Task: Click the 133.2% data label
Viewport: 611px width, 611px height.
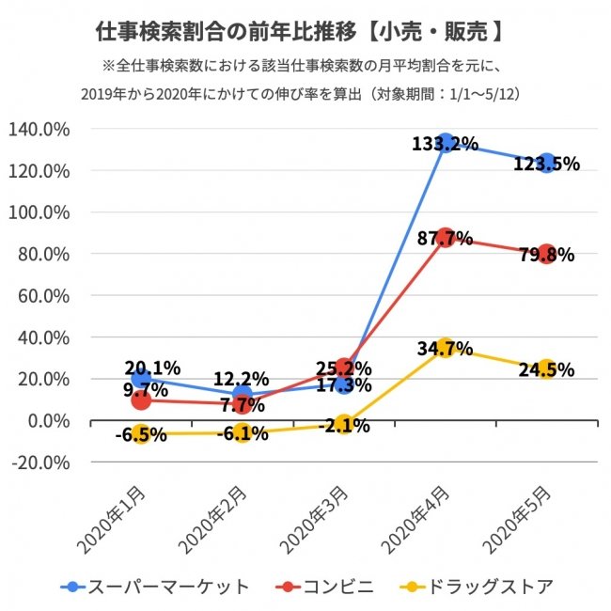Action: pos(445,144)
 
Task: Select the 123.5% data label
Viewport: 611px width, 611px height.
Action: pos(546,164)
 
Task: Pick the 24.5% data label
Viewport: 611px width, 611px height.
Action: pos(546,368)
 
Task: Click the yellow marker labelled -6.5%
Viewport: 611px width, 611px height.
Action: pos(141,433)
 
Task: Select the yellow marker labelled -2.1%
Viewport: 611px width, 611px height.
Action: pos(344,424)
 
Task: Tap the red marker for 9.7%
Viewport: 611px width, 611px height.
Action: pos(141,399)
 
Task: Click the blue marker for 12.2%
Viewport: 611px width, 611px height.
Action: pos(243,395)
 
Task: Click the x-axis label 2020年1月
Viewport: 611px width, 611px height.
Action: pos(109,516)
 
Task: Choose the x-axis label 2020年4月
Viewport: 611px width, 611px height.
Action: pos(414,516)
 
